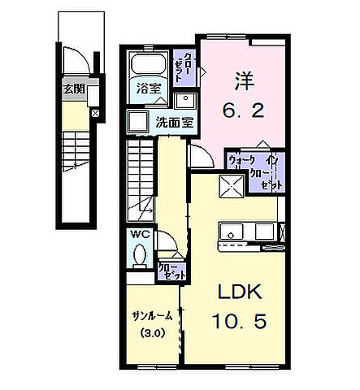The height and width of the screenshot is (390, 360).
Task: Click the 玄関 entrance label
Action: point(73,89)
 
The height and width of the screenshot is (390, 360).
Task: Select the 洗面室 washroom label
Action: point(174,123)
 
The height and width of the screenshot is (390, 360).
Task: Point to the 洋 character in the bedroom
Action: point(244,80)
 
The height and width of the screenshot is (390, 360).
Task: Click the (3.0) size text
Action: point(150,332)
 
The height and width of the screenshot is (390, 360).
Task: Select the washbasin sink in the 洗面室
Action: point(185,100)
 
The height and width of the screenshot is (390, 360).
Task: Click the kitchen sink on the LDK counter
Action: point(234,232)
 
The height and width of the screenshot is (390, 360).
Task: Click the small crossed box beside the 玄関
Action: point(96,113)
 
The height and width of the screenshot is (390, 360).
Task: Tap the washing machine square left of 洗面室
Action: point(136,123)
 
